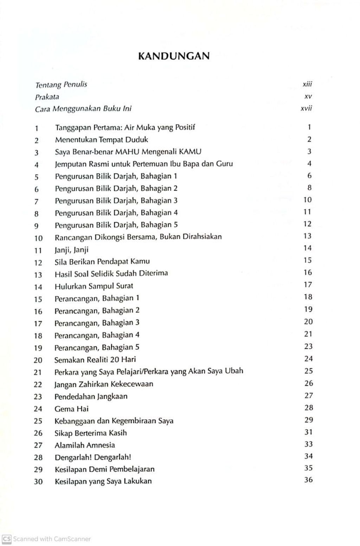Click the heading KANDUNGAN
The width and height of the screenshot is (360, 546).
174,56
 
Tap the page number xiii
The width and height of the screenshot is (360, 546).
307,84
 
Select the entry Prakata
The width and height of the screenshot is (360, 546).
47,97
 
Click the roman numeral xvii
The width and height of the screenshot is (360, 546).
306,109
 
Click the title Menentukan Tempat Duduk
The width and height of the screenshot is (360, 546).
101,140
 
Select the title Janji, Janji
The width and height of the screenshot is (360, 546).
71,250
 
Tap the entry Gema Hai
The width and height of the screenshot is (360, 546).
71,409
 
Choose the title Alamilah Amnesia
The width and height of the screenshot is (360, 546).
84,445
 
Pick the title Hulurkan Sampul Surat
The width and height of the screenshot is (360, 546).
94,286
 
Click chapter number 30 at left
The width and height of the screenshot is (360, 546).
38,482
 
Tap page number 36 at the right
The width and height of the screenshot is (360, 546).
308,480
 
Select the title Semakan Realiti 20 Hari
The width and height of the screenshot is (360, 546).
95,360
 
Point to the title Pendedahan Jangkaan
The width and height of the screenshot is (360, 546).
91,397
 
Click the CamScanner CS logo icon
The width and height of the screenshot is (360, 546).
7,539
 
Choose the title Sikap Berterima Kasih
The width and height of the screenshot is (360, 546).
90,433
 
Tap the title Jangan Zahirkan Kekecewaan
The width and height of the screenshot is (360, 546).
104,384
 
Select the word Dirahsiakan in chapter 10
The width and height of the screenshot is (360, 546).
201,237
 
